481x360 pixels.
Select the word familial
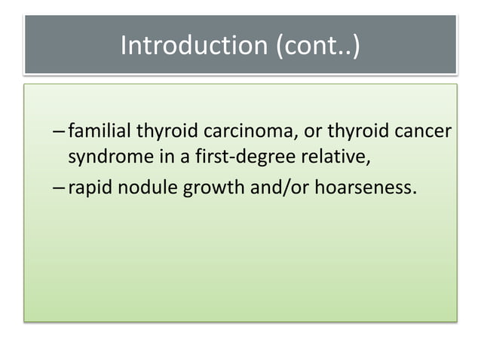100,133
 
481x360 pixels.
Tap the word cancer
419,133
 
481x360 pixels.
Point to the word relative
297,157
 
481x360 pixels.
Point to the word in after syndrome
147,157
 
